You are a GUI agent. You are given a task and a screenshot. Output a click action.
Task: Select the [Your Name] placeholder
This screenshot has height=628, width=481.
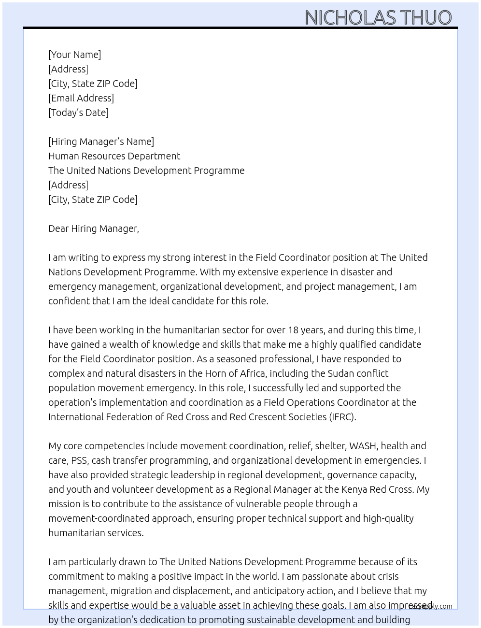point(74,55)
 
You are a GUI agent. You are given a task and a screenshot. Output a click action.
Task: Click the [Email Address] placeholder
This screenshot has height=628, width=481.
point(81,98)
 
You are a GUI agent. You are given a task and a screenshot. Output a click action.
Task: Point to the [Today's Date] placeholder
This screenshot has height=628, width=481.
point(78,113)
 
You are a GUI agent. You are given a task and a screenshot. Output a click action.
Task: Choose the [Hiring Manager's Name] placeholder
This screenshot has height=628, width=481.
point(101,142)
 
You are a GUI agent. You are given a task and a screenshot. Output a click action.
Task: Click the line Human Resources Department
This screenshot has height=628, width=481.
point(114,156)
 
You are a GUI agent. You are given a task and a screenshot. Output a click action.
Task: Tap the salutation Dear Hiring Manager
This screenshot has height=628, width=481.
point(93,228)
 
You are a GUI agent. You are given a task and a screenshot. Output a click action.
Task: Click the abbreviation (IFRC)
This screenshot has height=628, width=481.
point(343,417)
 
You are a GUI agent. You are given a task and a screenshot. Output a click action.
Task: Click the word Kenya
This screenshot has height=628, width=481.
point(354,489)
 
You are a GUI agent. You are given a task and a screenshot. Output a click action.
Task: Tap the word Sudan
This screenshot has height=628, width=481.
point(341,373)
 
